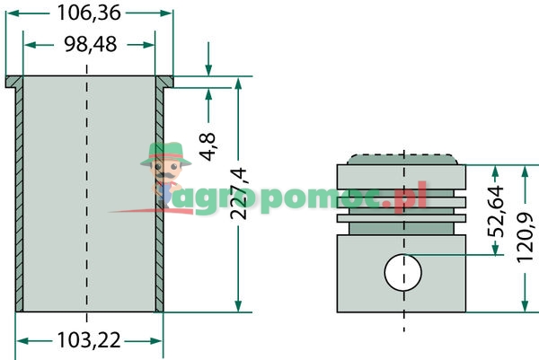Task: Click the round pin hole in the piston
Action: tap(402, 272)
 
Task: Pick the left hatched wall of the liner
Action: tap(18, 198)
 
